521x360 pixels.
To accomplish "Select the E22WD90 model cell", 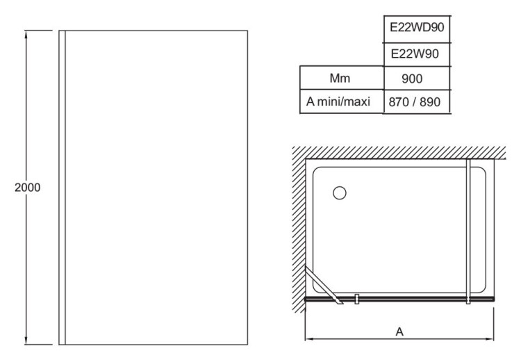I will point(417,26).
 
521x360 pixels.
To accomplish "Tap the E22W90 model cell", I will point(417,54).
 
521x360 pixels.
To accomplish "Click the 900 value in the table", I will point(417,78).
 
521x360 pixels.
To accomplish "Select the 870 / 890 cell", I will point(417,101).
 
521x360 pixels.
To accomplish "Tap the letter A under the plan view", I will point(399,332).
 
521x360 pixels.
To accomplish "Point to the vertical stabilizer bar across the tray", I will point(469,229).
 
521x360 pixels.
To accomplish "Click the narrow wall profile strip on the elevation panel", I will point(63,188).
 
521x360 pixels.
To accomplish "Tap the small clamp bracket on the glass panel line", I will point(356,299).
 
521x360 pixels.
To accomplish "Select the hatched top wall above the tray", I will point(396,152).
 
